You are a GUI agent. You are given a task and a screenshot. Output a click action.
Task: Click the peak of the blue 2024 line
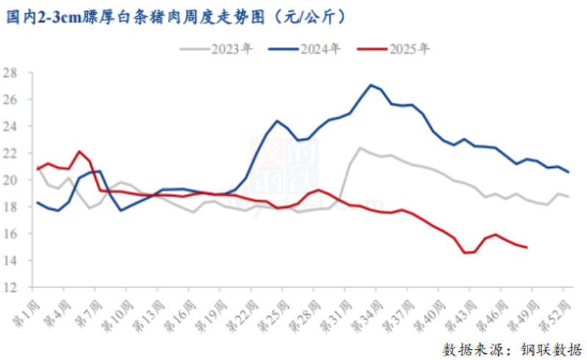point(371,85)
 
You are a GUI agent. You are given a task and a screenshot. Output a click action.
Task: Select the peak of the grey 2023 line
point(360,147)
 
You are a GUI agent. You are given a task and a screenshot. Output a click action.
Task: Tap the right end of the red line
point(527,247)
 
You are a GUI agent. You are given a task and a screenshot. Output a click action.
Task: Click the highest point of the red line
point(79,151)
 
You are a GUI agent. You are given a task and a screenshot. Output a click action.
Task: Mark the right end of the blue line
point(569,172)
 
